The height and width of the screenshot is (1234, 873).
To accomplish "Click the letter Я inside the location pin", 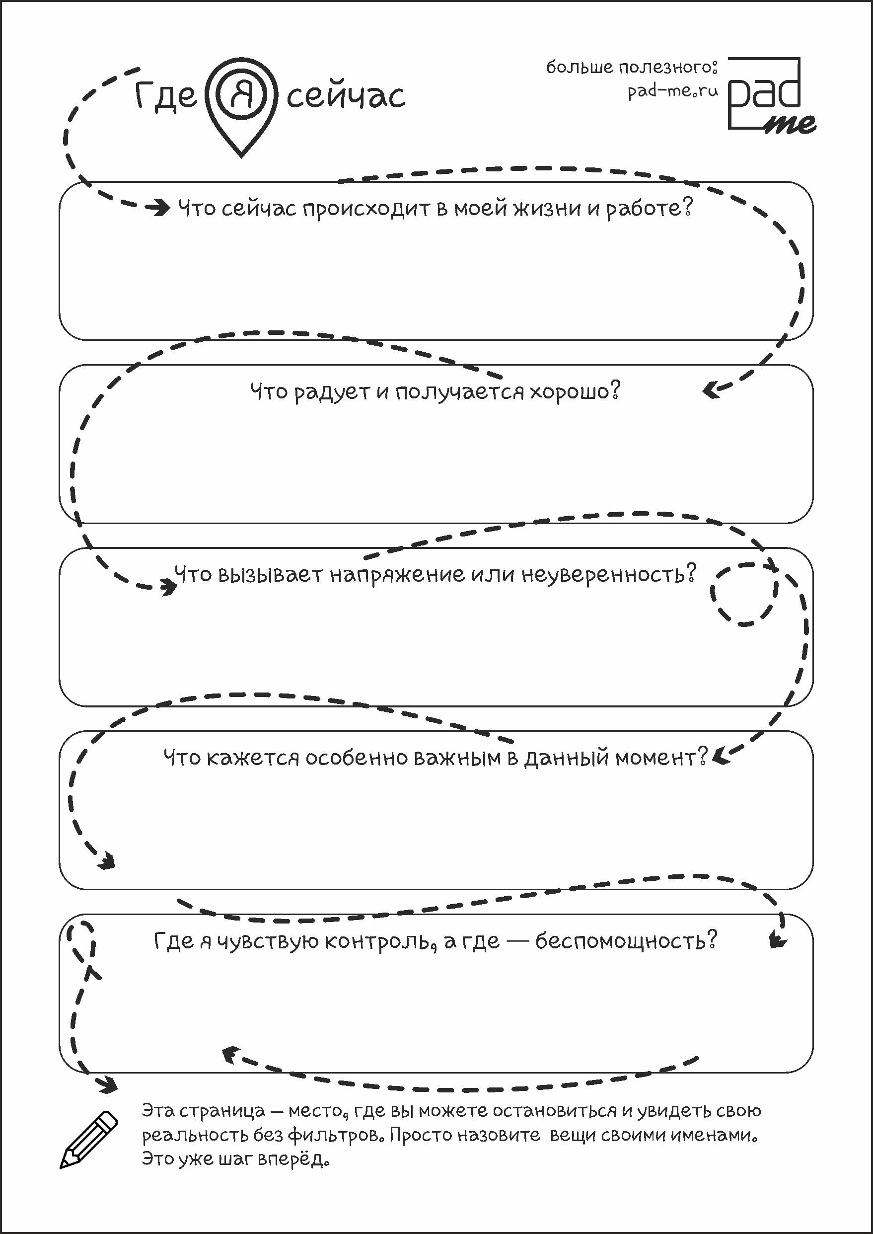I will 241,96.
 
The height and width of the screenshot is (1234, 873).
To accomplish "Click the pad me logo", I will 770,96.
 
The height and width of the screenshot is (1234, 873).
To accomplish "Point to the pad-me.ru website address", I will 672,91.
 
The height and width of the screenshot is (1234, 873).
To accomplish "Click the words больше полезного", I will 632,67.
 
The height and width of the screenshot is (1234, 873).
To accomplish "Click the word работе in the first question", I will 649,208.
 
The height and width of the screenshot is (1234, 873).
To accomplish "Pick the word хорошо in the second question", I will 575,391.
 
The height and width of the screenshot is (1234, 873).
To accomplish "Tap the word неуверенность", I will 608,574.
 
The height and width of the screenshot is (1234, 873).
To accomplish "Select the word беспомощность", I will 626,941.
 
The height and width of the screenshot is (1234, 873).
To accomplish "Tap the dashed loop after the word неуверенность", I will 744,594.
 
